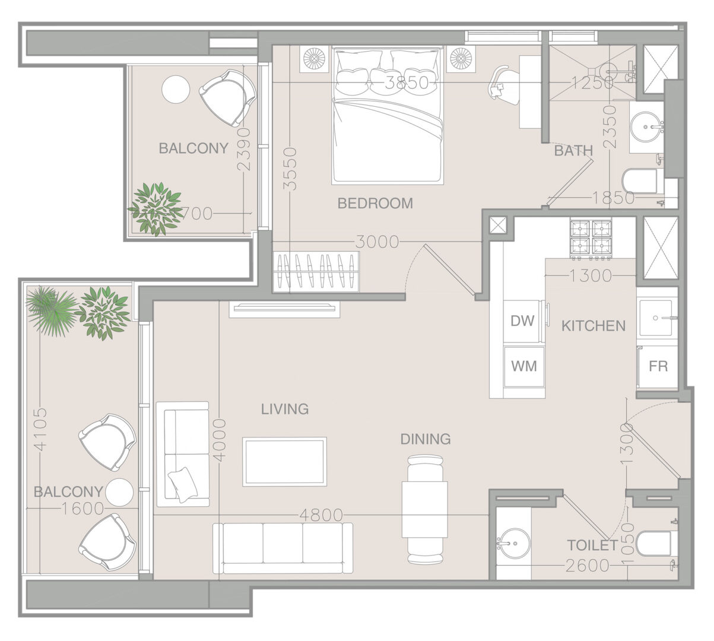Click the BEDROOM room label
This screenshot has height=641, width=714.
point(375,204)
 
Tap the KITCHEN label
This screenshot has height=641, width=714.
point(594,326)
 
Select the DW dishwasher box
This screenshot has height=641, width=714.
point(522,321)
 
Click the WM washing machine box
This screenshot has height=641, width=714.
point(524,366)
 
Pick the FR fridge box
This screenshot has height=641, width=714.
point(658,366)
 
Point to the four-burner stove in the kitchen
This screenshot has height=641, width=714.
point(591,237)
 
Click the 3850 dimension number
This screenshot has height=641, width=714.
point(407,83)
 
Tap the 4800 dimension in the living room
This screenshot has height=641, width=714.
point(321,515)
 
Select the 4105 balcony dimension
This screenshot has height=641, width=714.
point(41,429)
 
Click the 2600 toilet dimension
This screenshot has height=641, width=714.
point(588,566)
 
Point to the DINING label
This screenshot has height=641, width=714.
point(426,439)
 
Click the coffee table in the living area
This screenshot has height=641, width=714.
point(284,462)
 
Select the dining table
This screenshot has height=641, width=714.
point(425,509)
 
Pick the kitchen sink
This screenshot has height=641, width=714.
point(656,318)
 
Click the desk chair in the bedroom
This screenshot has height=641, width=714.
point(504,84)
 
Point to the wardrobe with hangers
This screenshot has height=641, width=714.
point(316,272)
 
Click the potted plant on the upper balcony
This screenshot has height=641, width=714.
point(156,208)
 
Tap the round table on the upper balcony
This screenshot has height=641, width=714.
point(176,90)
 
